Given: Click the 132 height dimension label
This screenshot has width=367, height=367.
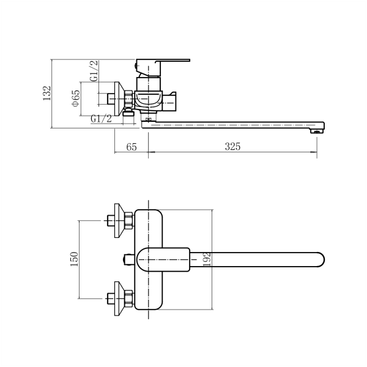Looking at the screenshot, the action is tap(47, 93).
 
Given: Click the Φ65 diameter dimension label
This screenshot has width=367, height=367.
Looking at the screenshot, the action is tap(76, 98).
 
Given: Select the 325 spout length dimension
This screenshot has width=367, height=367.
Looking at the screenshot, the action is tap(232, 147).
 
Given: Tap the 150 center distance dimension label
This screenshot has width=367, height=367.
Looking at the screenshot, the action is tap(75, 259).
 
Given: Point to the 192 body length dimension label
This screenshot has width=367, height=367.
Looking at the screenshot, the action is tap(207, 259).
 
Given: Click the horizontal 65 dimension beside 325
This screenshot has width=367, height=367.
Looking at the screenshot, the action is tap(132, 147).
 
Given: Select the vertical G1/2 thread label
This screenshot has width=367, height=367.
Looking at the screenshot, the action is tap(94, 71).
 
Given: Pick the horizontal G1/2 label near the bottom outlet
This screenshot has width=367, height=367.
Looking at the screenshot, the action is tap(101, 119).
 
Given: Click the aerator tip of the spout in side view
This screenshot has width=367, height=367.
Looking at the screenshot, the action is tap(317, 132).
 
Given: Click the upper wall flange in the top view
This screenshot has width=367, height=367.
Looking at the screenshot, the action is tap(119, 221).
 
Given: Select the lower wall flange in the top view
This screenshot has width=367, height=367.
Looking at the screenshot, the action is tap(119, 298).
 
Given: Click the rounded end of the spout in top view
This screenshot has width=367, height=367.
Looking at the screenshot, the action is tap(321, 259).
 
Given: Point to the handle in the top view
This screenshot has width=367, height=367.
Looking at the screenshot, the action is tap(163, 260).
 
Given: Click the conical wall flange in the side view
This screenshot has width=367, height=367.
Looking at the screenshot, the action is tap(119, 98).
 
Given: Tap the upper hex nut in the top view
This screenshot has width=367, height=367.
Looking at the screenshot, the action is tap(128, 220).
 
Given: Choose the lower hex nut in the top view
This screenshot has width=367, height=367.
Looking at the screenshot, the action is tap(128, 298).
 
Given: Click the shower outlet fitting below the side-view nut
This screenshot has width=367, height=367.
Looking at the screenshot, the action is tap(128, 113).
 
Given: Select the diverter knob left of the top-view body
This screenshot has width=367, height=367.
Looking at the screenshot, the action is tap(128, 260).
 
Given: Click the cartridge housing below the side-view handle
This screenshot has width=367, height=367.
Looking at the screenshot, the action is tap(149, 84).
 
